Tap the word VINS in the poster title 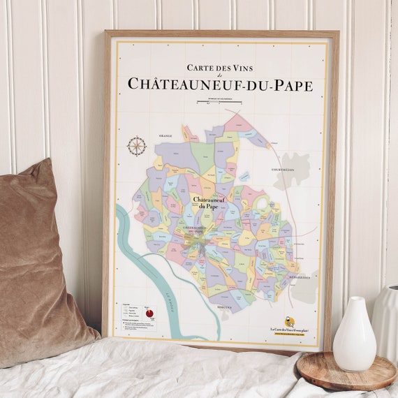(x=242, y=68)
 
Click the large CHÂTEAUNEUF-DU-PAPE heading (x=220, y=84)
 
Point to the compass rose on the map (x=137, y=146)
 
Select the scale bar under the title (x=219, y=101)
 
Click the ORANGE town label (x=165, y=135)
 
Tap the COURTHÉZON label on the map (x=282, y=169)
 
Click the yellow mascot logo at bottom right (x=289, y=322)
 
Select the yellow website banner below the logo (x=290, y=334)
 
